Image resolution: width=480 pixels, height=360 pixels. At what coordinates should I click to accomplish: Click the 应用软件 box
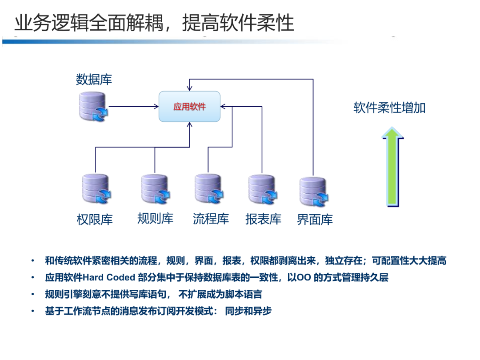point(190,107)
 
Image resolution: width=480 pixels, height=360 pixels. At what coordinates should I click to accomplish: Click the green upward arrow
point(392,167)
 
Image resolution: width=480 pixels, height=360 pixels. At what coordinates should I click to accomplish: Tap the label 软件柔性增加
point(389,108)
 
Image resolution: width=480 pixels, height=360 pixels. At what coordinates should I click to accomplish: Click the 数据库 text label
point(94,80)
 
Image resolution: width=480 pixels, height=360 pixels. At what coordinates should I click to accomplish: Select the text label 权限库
point(95,220)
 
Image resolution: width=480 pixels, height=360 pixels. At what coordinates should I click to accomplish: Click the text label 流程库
point(211,219)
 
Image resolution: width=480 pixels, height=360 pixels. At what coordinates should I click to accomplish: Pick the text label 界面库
point(315,220)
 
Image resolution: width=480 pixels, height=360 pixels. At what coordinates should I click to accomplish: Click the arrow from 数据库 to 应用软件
point(133,106)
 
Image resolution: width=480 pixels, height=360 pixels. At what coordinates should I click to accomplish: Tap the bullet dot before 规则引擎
point(32,294)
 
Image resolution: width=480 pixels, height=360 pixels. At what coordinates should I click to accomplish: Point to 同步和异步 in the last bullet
point(248,311)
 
